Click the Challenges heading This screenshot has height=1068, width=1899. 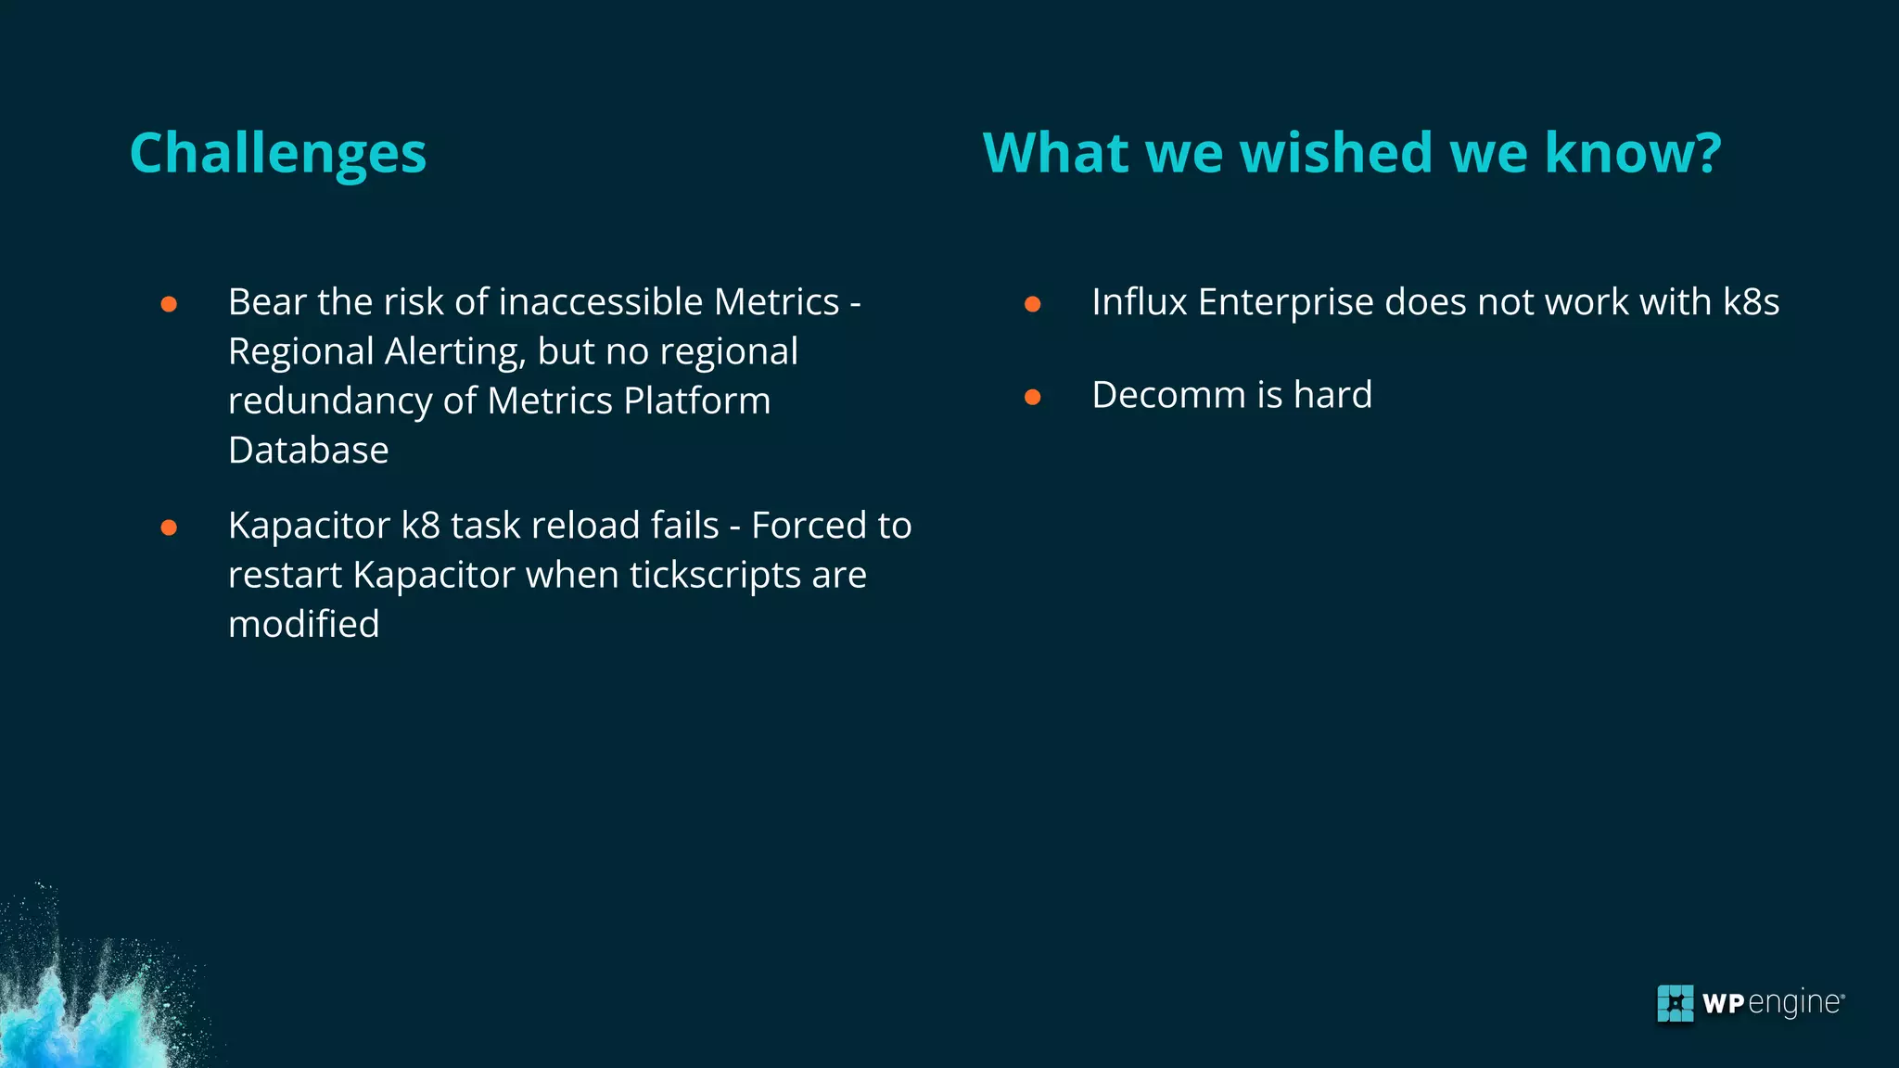(277, 153)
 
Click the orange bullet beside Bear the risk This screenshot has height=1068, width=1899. (169, 304)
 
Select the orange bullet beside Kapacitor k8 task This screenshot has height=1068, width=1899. (169, 528)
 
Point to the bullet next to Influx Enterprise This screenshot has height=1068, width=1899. (1032, 304)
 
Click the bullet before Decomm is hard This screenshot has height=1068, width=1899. (1032, 397)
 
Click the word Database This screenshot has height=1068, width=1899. (308, 451)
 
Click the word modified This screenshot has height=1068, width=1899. (303, 624)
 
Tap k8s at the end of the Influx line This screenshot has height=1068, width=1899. (1750, 302)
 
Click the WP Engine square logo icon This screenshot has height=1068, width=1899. (1675, 1003)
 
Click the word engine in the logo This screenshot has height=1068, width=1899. (1794, 1004)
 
